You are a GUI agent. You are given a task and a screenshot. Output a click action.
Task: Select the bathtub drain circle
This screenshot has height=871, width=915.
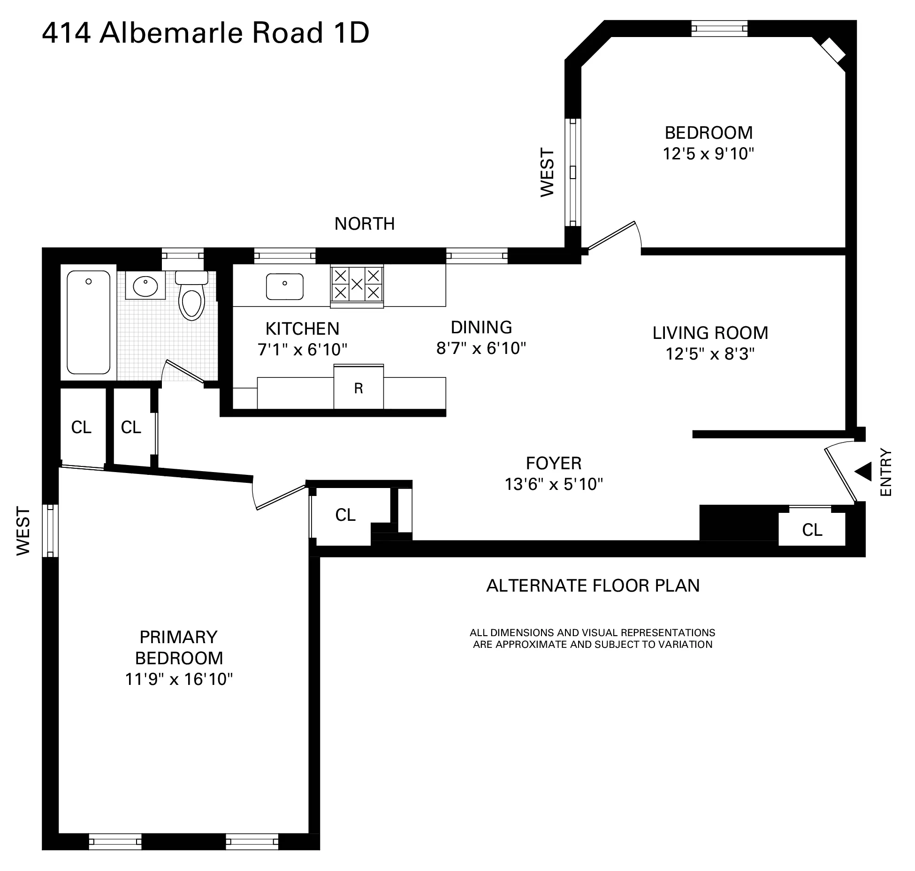88,282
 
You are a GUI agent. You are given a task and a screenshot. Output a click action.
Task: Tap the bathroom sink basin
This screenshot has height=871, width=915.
145,286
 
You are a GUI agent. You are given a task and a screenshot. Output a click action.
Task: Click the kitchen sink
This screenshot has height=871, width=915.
284,286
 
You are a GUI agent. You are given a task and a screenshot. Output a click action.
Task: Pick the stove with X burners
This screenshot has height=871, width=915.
357,285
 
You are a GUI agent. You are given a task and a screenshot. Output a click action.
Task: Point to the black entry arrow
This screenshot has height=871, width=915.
863,472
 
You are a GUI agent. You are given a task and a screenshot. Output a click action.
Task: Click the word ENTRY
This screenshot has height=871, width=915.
885,473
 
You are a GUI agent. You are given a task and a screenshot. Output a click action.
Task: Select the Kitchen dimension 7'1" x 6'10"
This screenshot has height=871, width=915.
302,350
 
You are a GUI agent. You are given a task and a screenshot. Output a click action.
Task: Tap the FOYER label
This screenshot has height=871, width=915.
554,463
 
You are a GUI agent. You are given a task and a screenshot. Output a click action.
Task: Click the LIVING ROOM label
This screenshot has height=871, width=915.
710,333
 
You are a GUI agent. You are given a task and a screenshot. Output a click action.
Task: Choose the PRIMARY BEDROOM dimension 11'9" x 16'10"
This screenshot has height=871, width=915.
179,679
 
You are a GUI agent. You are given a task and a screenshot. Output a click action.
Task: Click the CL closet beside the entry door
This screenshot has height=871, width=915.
812,530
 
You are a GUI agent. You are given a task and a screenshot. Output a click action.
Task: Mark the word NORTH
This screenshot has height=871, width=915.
364,224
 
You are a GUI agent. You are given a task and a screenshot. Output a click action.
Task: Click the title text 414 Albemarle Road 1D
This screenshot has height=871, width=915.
206,33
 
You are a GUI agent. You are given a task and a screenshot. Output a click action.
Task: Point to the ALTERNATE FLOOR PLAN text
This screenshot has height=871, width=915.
593,586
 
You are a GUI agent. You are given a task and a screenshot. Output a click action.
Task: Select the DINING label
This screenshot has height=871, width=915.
481,327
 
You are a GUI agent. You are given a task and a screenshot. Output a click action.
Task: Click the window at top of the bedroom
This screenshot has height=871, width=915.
719,29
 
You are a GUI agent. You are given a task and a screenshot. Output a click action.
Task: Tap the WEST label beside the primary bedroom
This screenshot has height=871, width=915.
23,531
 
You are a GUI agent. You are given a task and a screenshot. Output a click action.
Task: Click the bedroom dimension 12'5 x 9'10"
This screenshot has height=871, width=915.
708,154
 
